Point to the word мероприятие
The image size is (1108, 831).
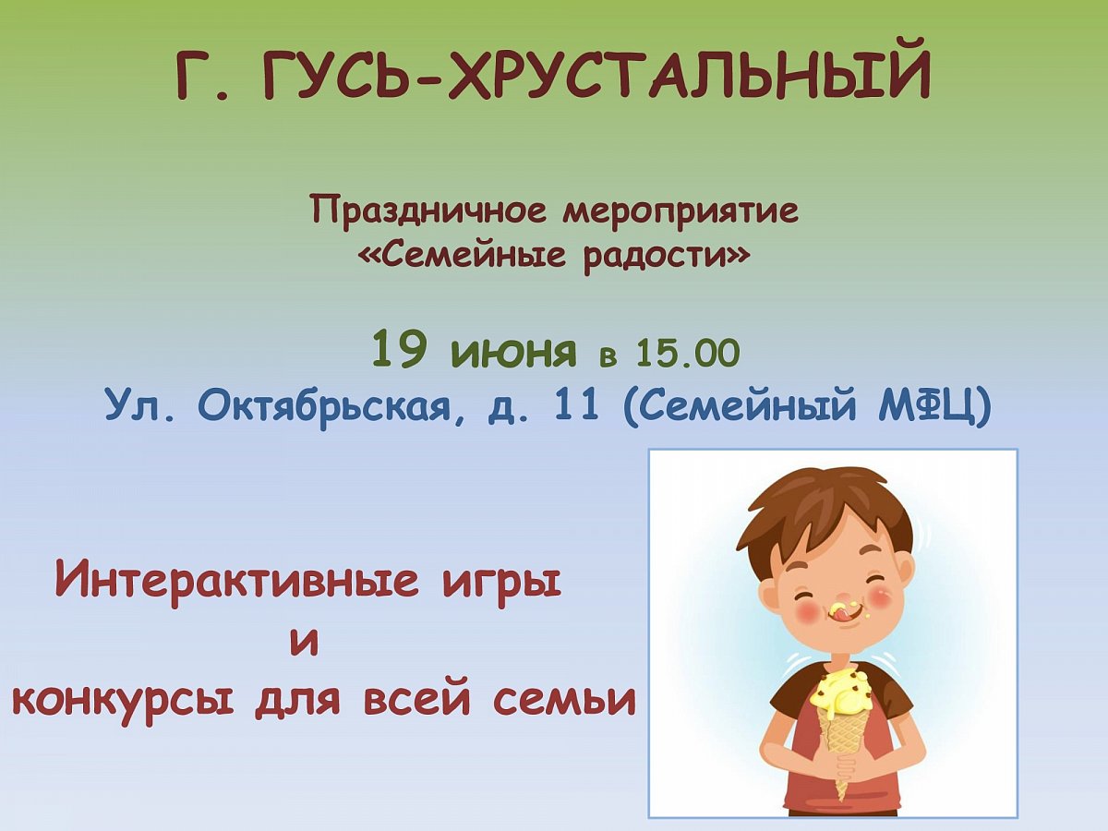pos(680,213)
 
